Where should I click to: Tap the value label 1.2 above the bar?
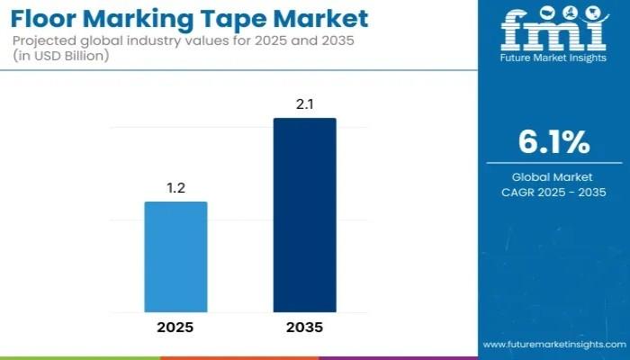tap(176, 188)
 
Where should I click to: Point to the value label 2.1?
tap(305, 104)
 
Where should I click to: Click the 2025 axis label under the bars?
tap(176, 327)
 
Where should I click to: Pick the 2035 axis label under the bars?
tap(305, 327)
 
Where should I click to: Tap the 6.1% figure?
tap(553, 142)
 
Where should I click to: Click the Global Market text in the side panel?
tap(553, 177)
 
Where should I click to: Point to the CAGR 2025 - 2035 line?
tap(553, 192)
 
